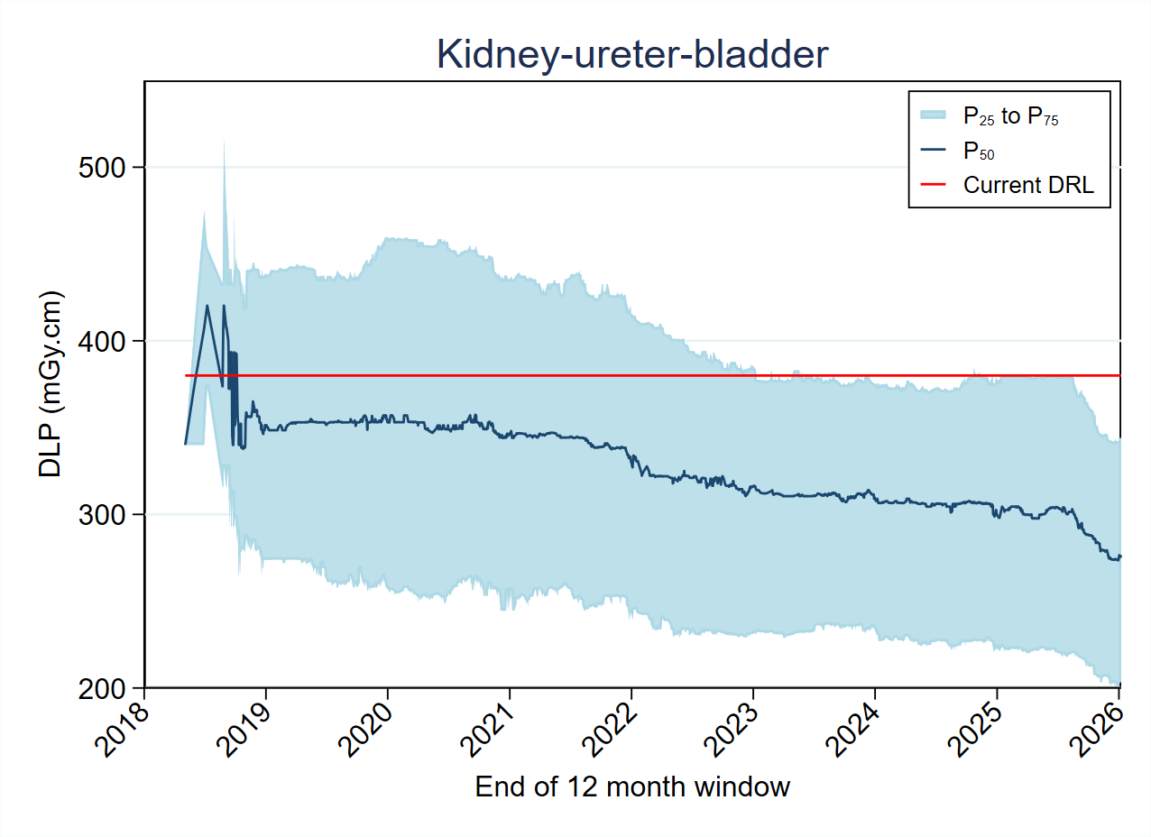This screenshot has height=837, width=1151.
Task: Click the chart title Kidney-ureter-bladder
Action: pos(631,55)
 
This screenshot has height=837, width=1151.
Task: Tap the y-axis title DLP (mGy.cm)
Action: pos(51,384)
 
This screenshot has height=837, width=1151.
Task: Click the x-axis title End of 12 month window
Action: pos(632,786)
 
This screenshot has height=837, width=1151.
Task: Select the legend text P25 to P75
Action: pos(1010,115)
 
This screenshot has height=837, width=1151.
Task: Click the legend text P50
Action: pos(979,151)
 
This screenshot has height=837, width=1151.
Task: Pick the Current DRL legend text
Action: pos(1028,185)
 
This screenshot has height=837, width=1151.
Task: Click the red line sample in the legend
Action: pos(933,185)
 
